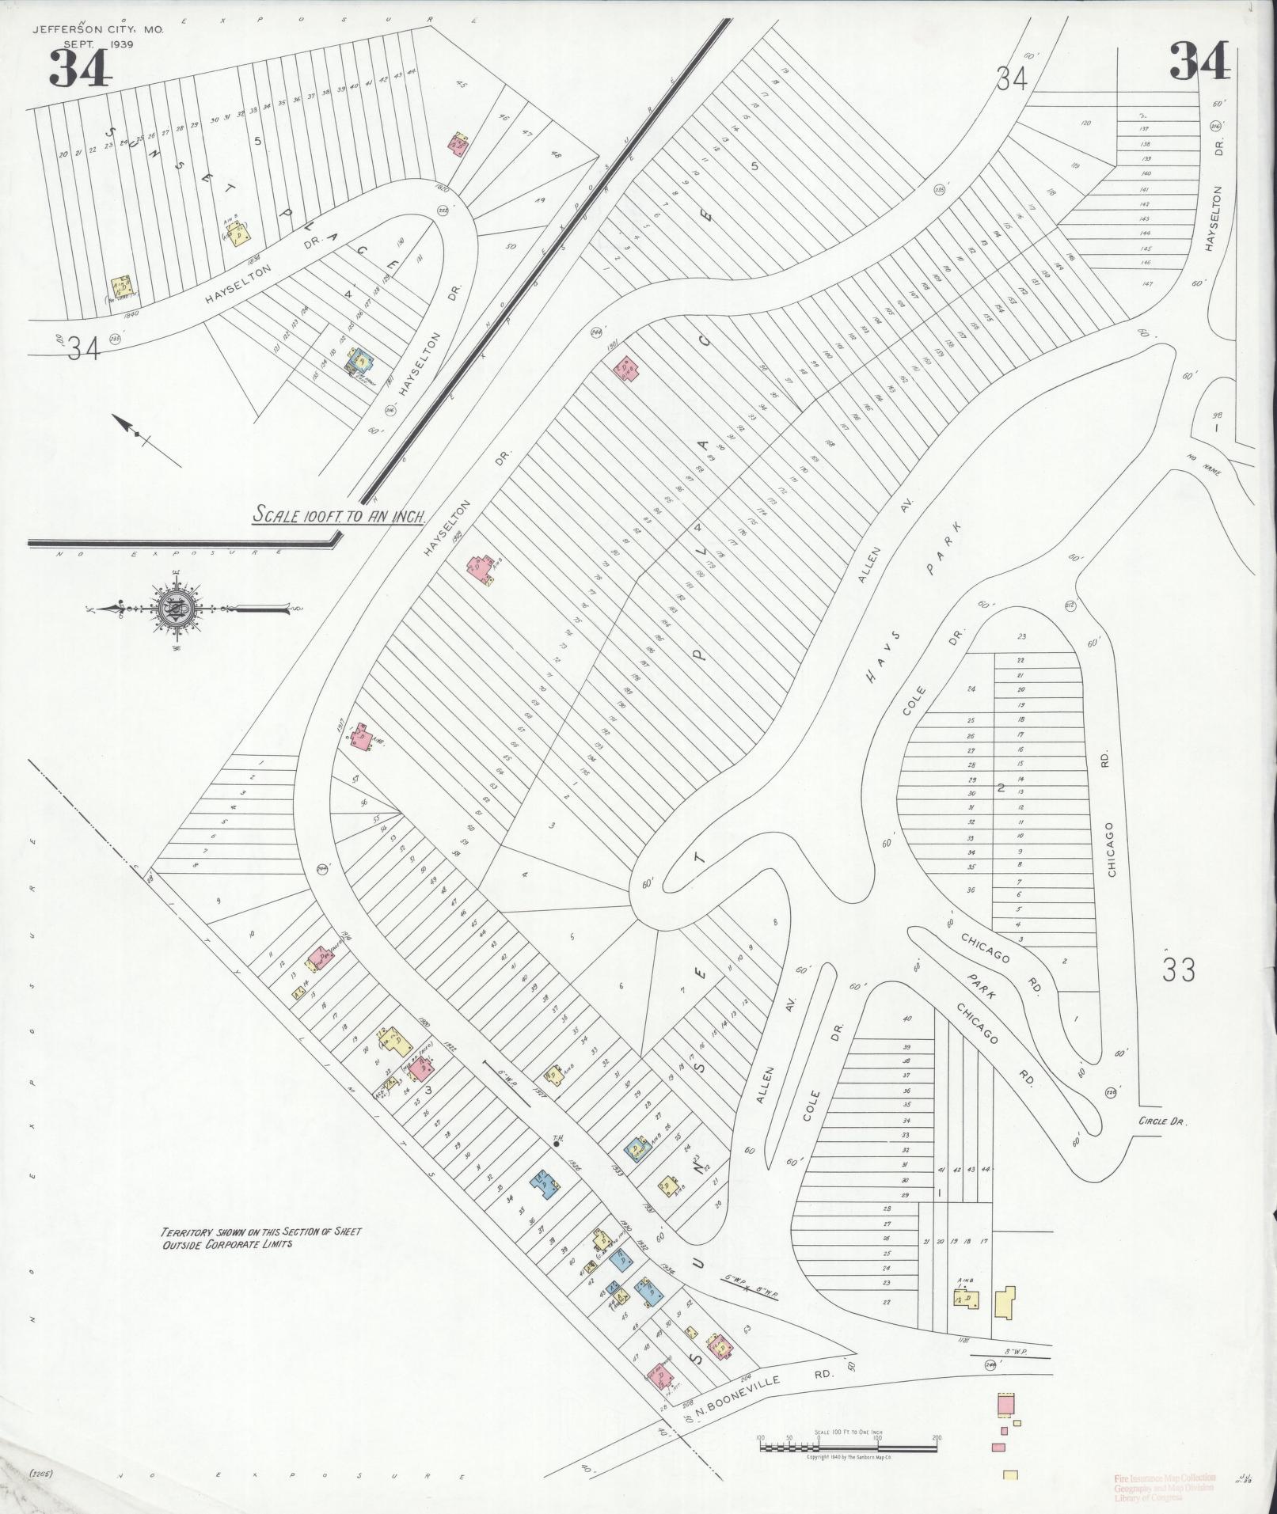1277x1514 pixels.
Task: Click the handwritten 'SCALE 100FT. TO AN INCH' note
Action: [340, 516]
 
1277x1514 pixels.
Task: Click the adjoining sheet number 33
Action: [1178, 969]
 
